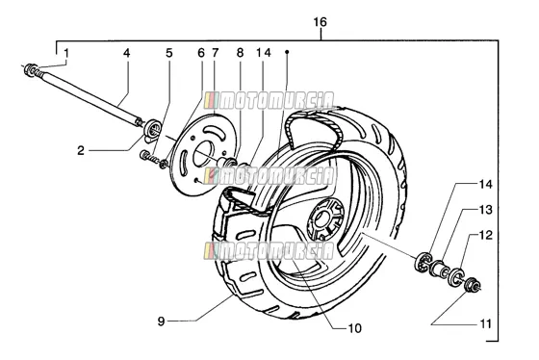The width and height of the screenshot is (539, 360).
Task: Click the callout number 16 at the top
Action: pyautogui.click(x=320, y=22)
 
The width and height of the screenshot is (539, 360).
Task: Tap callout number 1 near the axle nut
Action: pyautogui.click(x=66, y=53)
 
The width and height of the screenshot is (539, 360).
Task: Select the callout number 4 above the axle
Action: pyautogui.click(x=127, y=53)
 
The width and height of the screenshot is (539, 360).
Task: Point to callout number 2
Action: pyautogui.click(x=81, y=150)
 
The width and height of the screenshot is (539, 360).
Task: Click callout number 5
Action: pyautogui.click(x=168, y=53)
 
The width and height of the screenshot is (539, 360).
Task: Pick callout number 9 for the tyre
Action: pyautogui.click(x=162, y=321)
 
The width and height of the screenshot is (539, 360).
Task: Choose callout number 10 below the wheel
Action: pyautogui.click(x=355, y=328)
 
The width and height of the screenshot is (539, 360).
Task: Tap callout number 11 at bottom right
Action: pyautogui.click(x=485, y=323)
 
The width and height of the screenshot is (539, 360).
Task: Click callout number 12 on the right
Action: pyautogui.click(x=486, y=235)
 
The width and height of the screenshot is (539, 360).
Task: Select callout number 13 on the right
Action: pyautogui.click(x=486, y=210)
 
